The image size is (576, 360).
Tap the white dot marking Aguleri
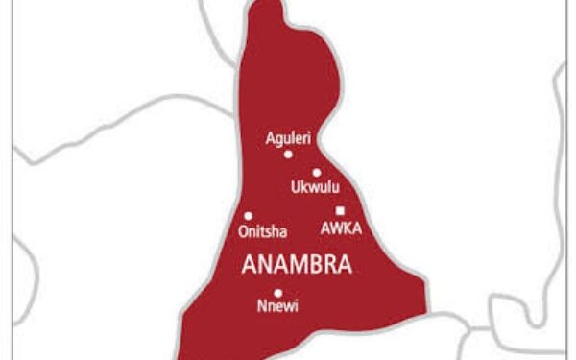pyautogui.click(x=287, y=154)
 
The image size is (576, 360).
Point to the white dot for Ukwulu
pyautogui.click(x=316, y=173)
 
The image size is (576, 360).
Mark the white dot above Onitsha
pyautogui.click(x=248, y=216)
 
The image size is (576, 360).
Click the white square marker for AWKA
pyautogui.click(x=340, y=211)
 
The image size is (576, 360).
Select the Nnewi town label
pyautogui.click(x=276, y=308)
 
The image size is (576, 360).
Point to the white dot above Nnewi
pyautogui.click(x=277, y=294)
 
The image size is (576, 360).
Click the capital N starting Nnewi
pyautogui.click(x=261, y=308)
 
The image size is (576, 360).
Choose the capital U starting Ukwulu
pyautogui.click(x=295, y=188)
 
